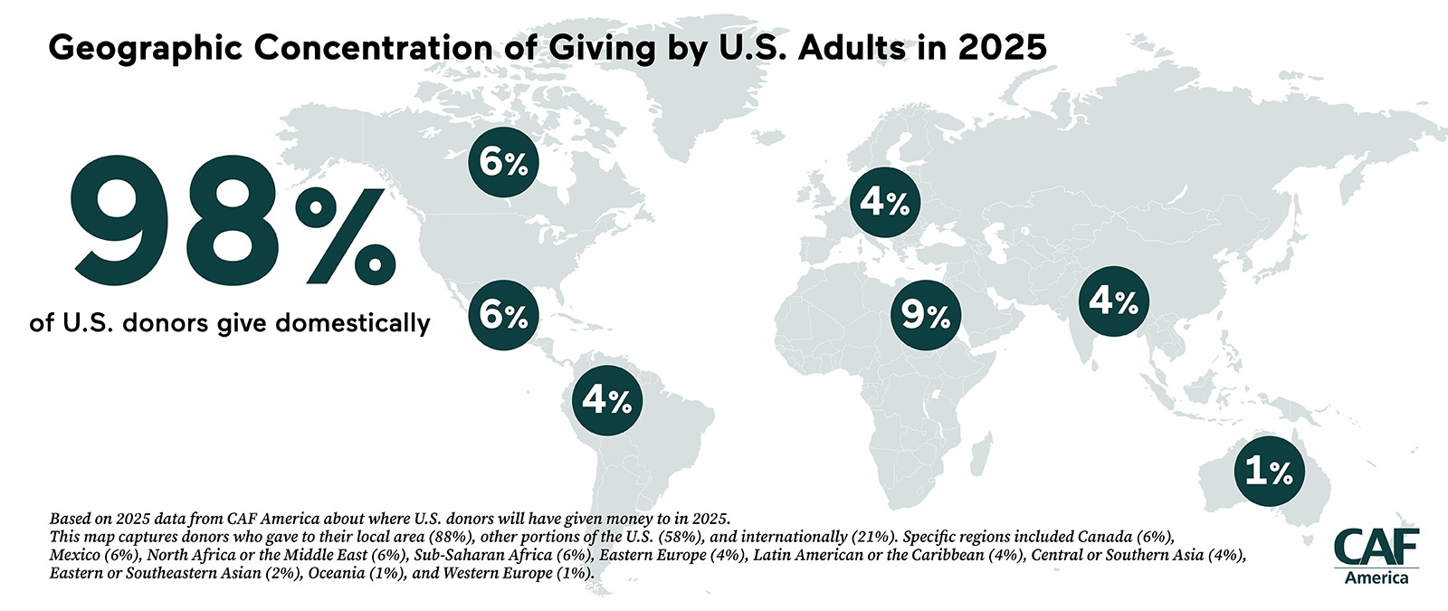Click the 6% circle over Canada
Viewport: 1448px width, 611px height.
tap(503, 164)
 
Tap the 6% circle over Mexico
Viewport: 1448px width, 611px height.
tap(503, 315)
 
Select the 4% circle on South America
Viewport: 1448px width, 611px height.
tap(607, 399)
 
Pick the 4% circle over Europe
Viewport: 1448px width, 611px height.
tap(884, 203)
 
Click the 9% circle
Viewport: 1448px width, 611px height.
tap(925, 315)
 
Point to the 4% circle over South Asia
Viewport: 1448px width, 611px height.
tap(1113, 301)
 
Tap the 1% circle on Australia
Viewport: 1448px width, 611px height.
tap(1269, 471)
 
